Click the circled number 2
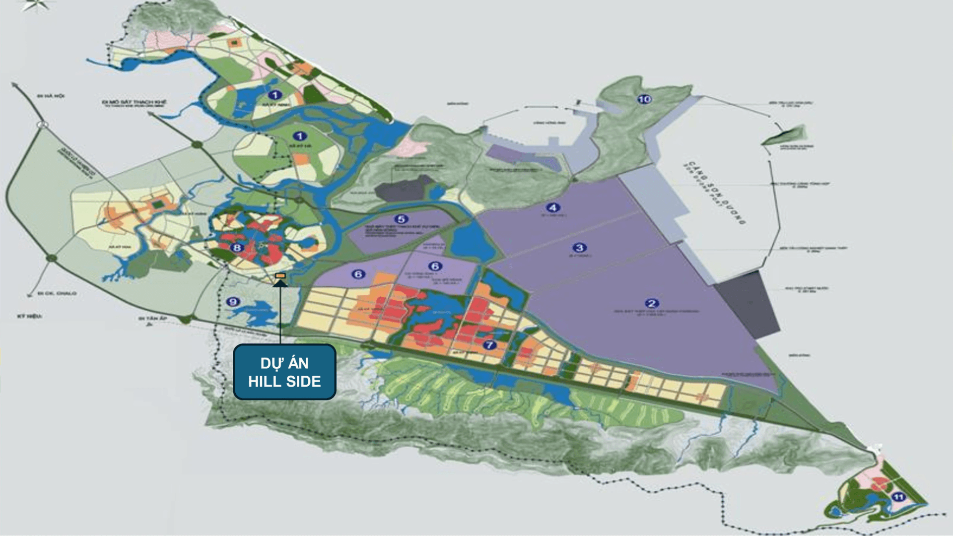[x=652, y=303]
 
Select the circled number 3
[x=579, y=247]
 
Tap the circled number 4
[x=552, y=207]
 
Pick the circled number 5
[x=401, y=219]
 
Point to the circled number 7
[x=489, y=344]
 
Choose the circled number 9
[x=233, y=301]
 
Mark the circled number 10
[x=644, y=99]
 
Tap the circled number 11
[x=898, y=497]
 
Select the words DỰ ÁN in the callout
[x=284, y=363]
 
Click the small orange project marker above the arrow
[x=280, y=275]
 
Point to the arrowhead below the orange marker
[x=280, y=283]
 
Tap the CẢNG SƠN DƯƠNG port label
[x=715, y=193]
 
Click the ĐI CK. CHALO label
[x=57, y=293]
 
